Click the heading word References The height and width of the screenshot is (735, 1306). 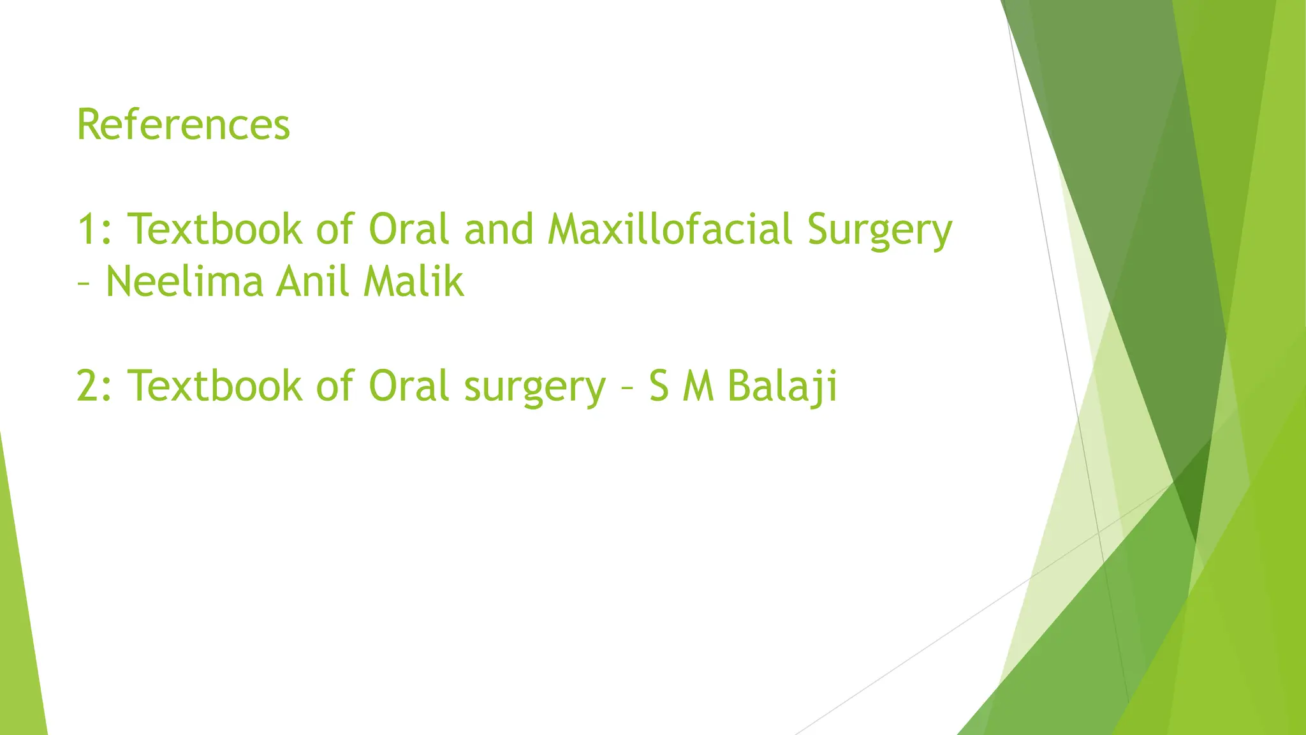[183, 124]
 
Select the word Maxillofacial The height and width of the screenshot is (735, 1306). [670, 229]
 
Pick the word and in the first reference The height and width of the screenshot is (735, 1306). [499, 229]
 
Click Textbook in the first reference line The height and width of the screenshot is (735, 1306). [215, 229]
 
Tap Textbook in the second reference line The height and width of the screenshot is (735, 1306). [215, 386]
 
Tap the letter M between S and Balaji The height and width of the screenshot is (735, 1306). [698, 387]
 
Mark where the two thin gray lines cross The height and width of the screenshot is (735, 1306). [1098, 531]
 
